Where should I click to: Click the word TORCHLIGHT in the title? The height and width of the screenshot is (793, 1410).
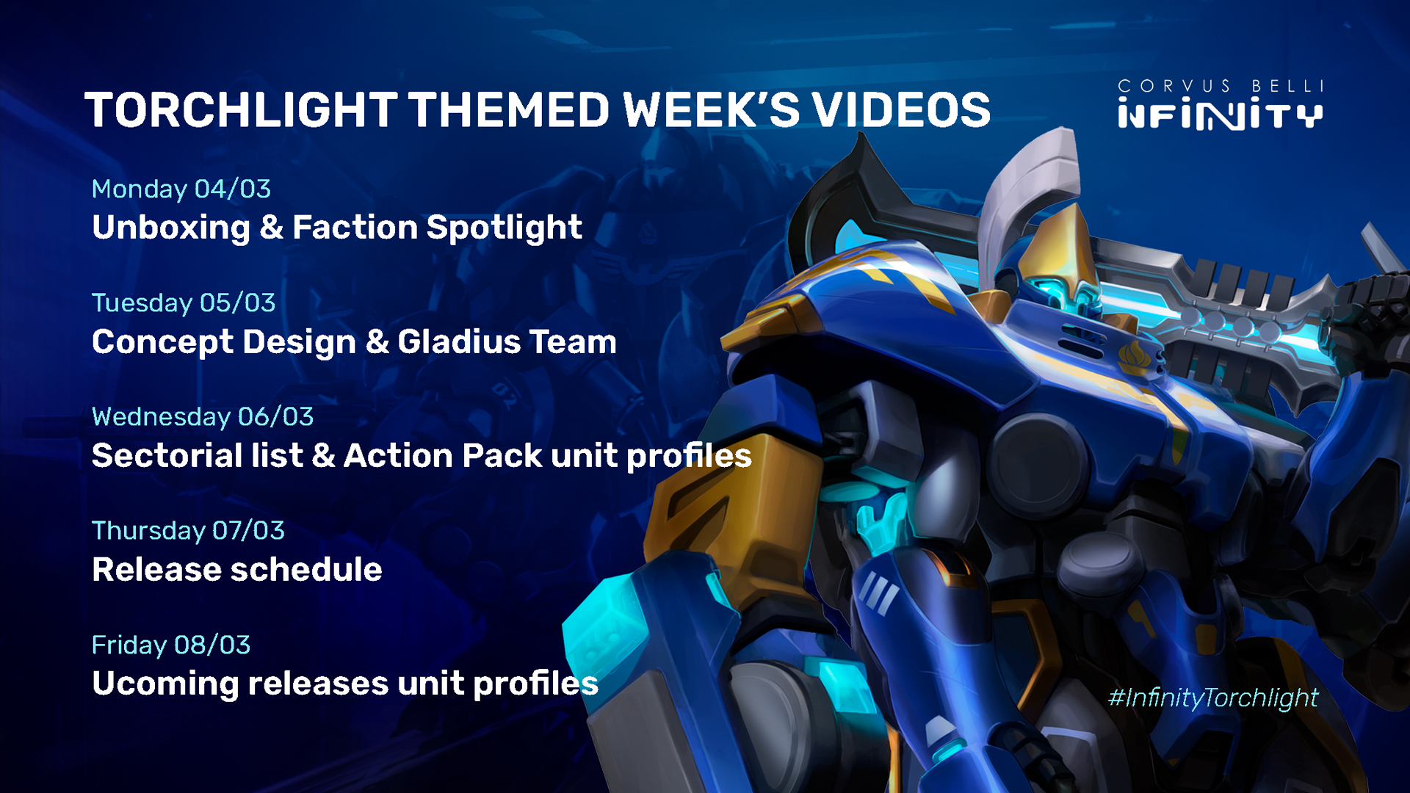coord(241,110)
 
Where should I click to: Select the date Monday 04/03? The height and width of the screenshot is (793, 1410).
coord(181,189)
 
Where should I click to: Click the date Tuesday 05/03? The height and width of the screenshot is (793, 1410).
coord(184,303)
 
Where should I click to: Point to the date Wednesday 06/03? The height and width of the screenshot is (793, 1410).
coord(203,417)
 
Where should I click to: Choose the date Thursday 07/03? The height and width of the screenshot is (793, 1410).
coord(188,531)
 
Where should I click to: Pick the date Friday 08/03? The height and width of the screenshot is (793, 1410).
coord(171,645)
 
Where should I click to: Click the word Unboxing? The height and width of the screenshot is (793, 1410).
coord(171,228)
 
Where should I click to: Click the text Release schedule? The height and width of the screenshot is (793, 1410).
coord(237,570)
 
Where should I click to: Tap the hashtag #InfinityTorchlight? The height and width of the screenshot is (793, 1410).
coord(1213,698)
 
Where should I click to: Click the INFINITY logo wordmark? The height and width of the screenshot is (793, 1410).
coord(1221,115)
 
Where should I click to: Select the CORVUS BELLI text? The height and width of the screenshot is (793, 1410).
coord(1221,87)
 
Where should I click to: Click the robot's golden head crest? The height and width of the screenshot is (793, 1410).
coord(1057,246)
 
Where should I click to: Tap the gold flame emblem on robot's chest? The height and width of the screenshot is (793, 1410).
coord(1133,358)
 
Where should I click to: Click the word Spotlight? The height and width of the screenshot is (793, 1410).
coord(505,228)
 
